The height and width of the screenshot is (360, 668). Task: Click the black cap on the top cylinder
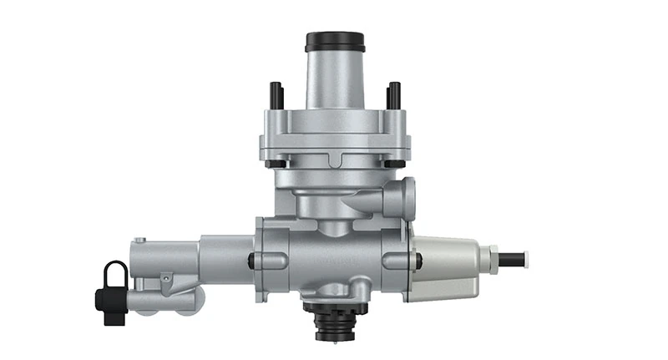coord(335,41)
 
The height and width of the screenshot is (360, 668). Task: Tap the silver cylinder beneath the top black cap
coord(335,79)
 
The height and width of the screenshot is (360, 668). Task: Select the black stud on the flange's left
coord(274,96)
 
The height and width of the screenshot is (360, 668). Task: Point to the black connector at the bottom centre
coord(335,321)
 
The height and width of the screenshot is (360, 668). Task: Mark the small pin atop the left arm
coord(141,241)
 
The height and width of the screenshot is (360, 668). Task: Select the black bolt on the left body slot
coord(252,260)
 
